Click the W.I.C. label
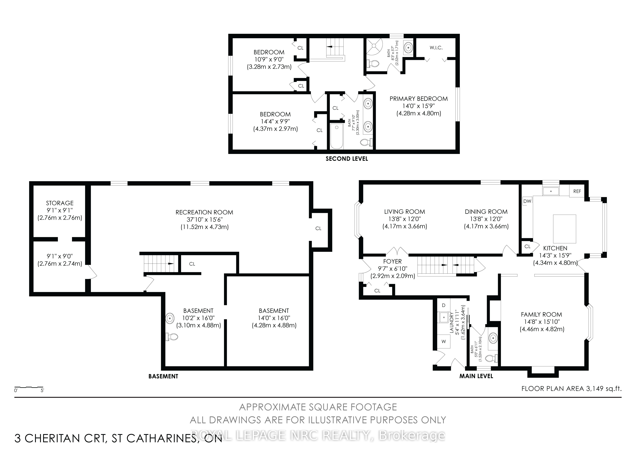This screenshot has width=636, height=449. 436,48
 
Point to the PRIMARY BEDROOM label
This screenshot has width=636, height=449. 419,99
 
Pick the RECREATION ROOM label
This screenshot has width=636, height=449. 204,212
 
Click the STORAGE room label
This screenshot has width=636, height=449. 60,203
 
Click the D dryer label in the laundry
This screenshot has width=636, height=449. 443,305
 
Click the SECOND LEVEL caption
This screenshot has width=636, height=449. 347,159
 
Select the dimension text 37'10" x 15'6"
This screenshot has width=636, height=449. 204,220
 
